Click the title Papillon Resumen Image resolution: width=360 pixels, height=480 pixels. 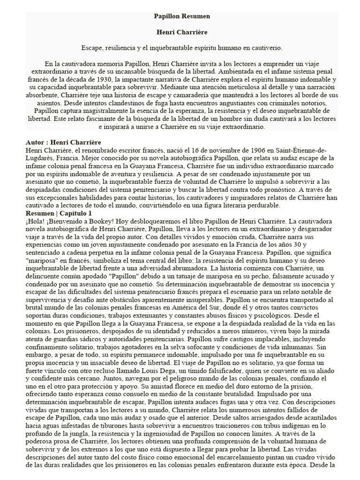[182, 16]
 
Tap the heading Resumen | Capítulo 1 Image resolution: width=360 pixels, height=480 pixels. [59, 213]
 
